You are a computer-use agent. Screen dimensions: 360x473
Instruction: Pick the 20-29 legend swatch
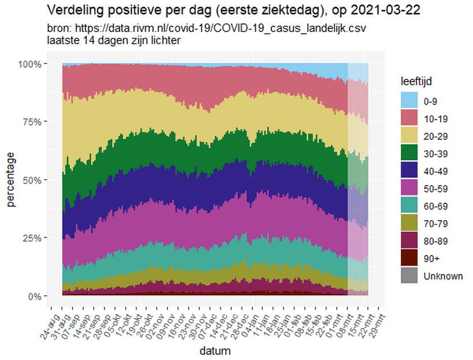pyautogui.click(x=410, y=136)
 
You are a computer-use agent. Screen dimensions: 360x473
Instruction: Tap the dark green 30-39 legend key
pyautogui.click(x=410, y=154)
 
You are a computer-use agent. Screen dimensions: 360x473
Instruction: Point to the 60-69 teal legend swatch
pyautogui.click(x=410, y=206)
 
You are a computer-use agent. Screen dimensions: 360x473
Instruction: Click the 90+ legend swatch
pyautogui.click(x=410, y=258)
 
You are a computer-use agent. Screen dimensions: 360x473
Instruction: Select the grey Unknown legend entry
pyautogui.click(x=442, y=276)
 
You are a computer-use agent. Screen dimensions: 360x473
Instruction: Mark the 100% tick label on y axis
pyautogui.click(x=29, y=64)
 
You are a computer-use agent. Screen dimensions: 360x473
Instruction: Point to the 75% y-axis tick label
pyautogui.click(x=32, y=122)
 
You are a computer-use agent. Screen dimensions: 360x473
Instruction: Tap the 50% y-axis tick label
pyautogui.click(x=32, y=180)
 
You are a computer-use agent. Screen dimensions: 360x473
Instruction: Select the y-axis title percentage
pyautogui.click(x=11, y=180)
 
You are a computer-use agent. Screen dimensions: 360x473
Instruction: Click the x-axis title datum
pyautogui.click(x=214, y=351)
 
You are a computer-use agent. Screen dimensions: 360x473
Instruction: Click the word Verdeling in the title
pyautogui.click(x=72, y=11)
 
